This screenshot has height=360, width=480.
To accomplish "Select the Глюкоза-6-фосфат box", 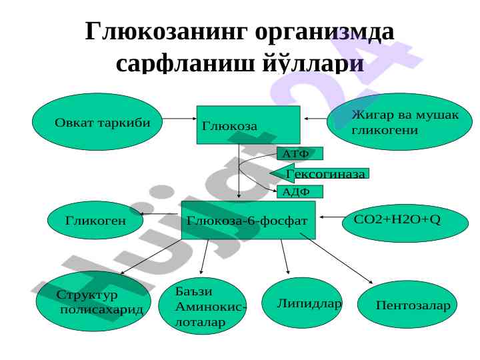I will [x=248, y=220].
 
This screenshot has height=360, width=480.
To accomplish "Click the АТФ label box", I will [x=299, y=154].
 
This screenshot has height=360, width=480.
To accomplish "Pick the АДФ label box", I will [x=299, y=192].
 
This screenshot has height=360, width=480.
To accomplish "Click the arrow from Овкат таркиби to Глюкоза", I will [x=178, y=119].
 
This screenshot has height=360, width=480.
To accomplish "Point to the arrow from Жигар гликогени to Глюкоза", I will [x=316, y=119].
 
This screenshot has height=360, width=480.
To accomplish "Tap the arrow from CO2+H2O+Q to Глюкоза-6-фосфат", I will [x=331, y=217].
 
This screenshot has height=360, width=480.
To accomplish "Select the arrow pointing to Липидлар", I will [x=285, y=257].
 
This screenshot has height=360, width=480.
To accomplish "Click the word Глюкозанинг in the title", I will [x=163, y=31].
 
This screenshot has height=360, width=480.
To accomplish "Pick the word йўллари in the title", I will [x=312, y=63].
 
